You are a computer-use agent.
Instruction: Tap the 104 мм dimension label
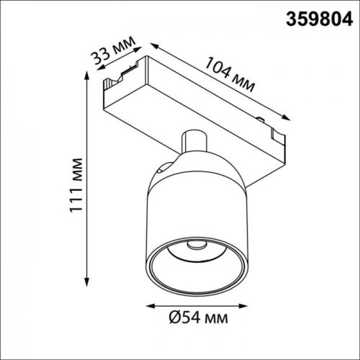click(228, 76)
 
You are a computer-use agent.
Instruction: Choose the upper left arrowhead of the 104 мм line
click(153, 45)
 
